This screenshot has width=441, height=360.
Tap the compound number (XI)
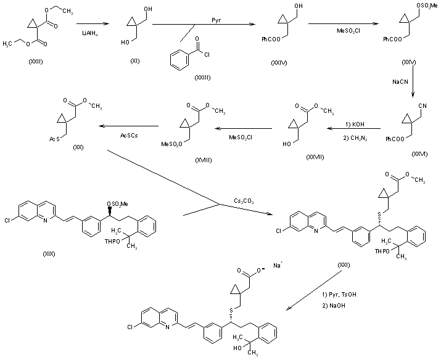coord(135,62)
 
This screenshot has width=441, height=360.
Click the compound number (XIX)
coord(51,253)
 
